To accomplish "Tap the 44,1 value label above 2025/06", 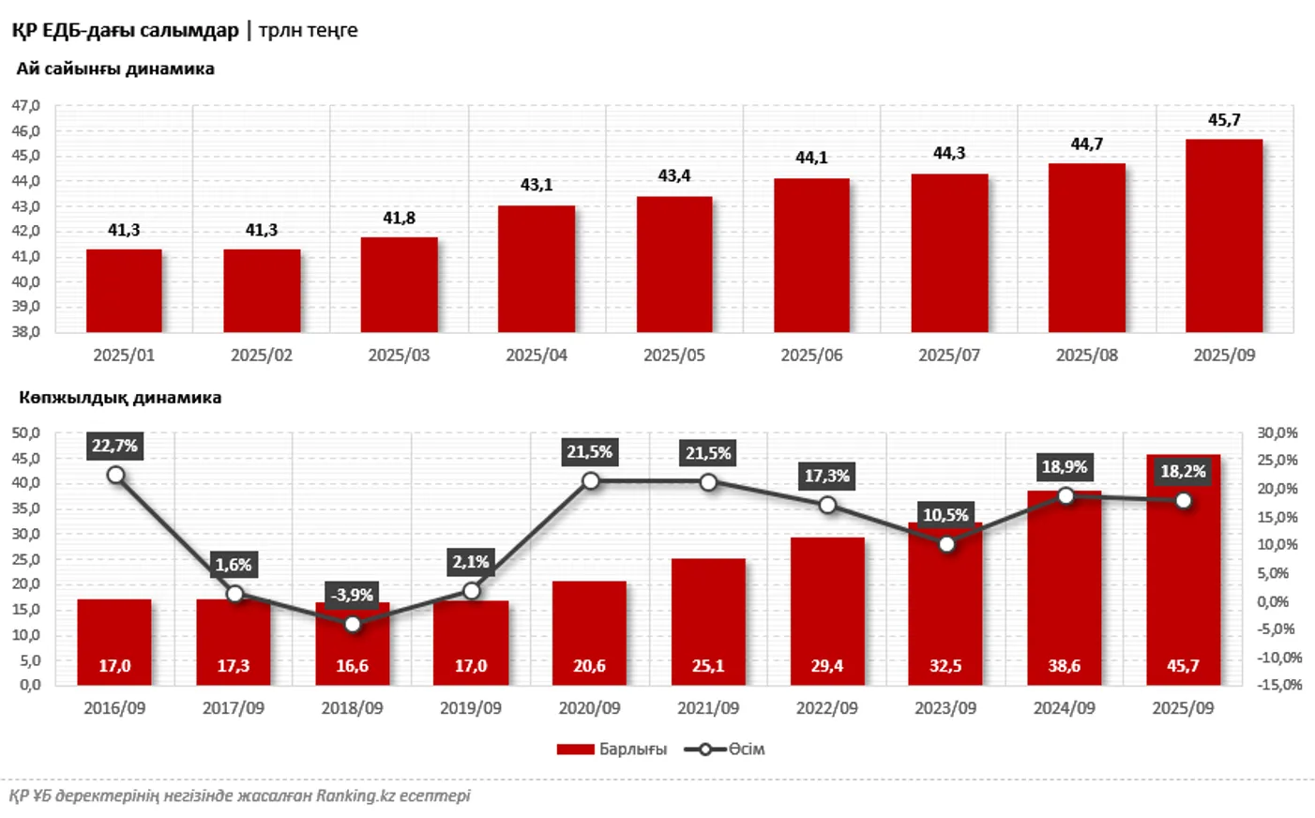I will (x=811, y=158).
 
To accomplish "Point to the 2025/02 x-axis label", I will (x=262, y=356).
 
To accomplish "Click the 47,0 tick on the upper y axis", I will (x=26, y=106).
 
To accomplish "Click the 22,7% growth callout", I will (x=114, y=446).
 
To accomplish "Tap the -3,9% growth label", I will (x=352, y=595).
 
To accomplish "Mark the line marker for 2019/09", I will (x=472, y=591).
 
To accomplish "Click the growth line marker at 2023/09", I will (x=946, y=544).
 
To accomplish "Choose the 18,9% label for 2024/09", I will (x=1065, y=466).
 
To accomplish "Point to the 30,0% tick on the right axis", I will (x=1277, y=432).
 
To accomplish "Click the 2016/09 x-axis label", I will (x=114, y=708).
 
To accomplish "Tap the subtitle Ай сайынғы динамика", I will (x=115, y=68).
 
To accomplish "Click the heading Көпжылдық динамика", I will (x=120, y=398).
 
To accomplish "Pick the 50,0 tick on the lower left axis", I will (x=26, y=433).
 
